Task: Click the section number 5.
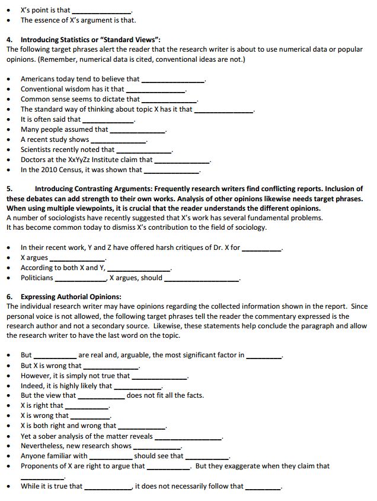pyautogui.click(x=9, y=188)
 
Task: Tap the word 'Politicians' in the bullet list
pyautogui.click(x=37, y=277)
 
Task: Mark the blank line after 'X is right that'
pyautogui.click(x=87, y=406)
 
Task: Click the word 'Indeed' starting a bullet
pyautogui.click(x=32, y=385)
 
